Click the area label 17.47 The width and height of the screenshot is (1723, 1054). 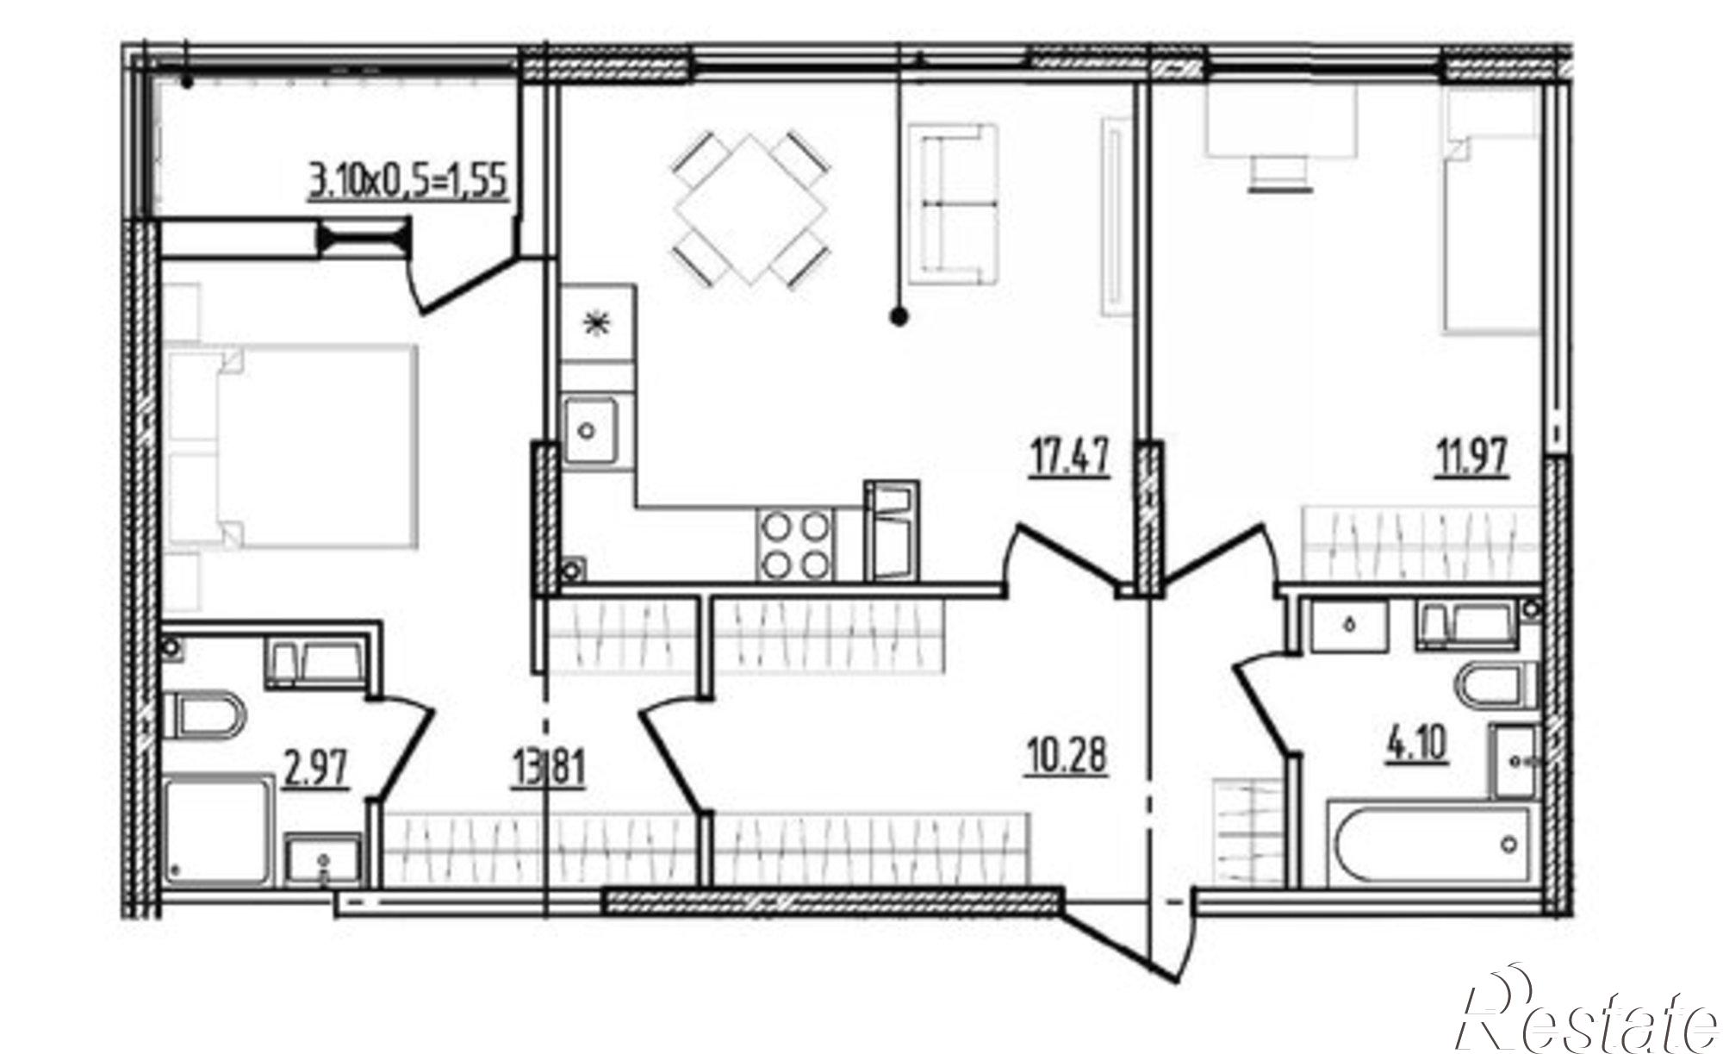pyautogui.click(x=1069, y=457)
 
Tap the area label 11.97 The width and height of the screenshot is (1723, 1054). pyautogui.click(x=1471, y=457)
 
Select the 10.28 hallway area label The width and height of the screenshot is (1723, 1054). pyautogui.click(x=1067, y=758)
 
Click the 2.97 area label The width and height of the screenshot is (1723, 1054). pyautogui.click(x=316, y=769)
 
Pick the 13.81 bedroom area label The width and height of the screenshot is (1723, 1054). pyautogui.click(x=549, y=769)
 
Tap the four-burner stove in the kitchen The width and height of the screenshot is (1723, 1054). pyautogui.click(x=795, y=546)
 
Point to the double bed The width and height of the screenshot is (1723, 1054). pyautogui.click(x=290, y=446)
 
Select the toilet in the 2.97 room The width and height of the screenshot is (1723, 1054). pyautogui.click(x=203, y=714)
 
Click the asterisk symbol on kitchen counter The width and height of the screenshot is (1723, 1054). pyautogui.click(x=594, y=323)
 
